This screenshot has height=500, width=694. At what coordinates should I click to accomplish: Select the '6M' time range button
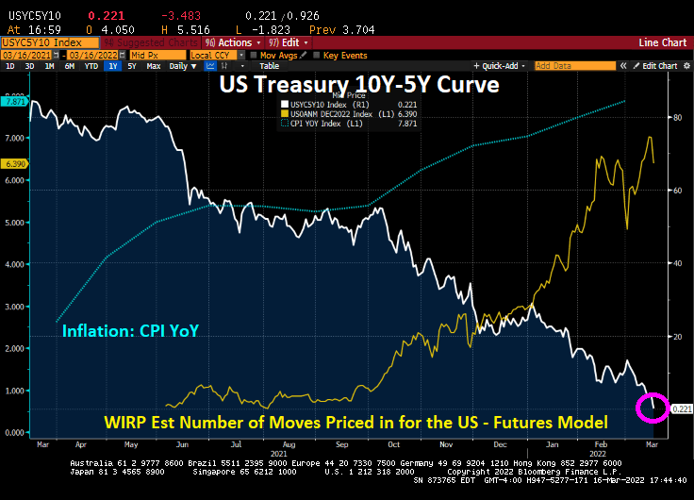coord(71,66)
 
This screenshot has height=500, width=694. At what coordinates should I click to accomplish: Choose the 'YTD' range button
coord(91,66)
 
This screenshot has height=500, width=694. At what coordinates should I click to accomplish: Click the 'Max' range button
coord(155,66)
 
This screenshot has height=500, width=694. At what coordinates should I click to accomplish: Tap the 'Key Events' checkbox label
coord(343,55)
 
